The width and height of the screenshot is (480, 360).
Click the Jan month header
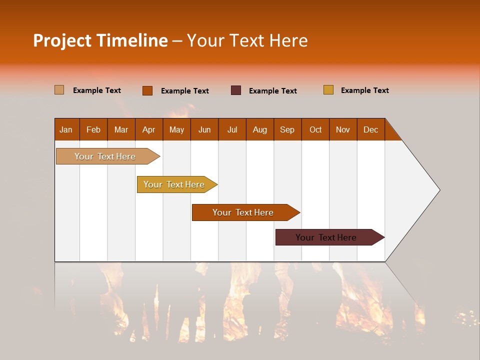(66, 129)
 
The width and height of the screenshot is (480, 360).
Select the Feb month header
(93, 129)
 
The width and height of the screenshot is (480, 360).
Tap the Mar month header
(121, 129)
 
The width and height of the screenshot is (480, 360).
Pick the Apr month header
(149, 129)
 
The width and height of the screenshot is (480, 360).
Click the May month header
(176, 129)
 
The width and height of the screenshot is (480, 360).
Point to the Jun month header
(204, 129)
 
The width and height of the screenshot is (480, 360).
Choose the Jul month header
(232, 129)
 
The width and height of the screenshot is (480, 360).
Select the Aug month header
(260, 129)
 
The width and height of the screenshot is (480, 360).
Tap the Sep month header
(287, 129)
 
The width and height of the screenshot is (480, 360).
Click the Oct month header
(315, 129)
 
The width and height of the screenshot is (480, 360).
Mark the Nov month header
(343, 129)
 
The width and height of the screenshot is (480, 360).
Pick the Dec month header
(371, 129)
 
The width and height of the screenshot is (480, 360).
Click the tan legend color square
(59, 90)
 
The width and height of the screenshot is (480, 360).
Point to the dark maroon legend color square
(236, 90)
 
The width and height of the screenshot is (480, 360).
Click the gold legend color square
(328, 90)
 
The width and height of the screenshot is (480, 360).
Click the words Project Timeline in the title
(100, 40)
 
